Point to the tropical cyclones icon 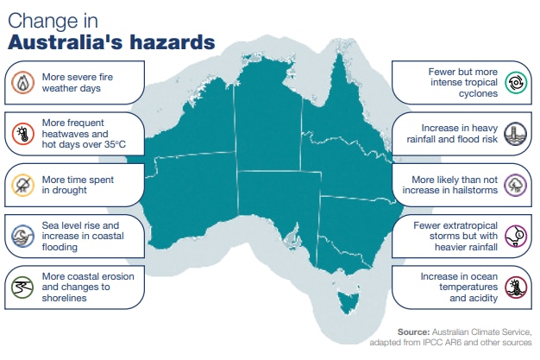click(517, 82)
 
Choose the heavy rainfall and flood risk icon click(517, 133)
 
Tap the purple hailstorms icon click(517, 184)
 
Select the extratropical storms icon click(517, 235)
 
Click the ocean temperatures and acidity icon click(517, 287)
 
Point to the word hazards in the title click(173, 41)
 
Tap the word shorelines click(66, 297)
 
